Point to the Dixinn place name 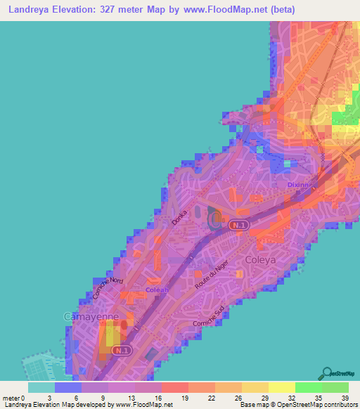pyautogui.click(x=300, y=185)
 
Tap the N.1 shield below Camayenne pyautogui.click(x=123, y=349)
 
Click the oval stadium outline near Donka pyautogui.click(x=214, y=220)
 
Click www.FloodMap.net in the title pyautogui.click(x=223, y=10)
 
